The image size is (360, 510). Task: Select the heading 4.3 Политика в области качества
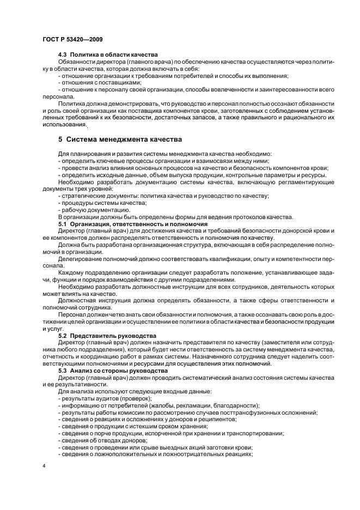[108, 55]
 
